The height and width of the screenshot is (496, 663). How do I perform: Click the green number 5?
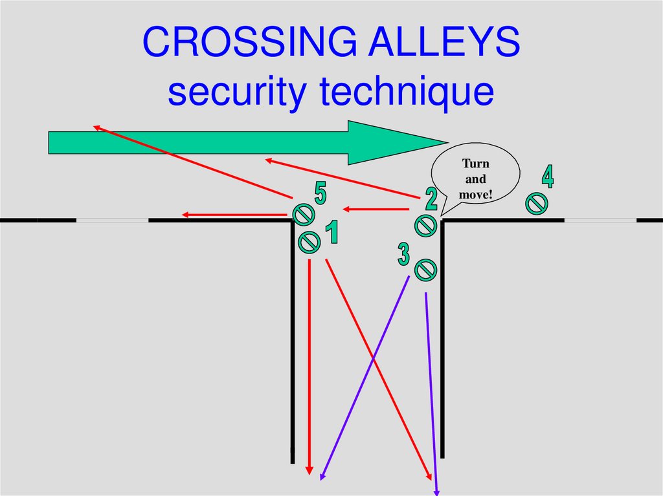[320, 193]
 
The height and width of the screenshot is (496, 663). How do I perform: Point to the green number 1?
[331, 233]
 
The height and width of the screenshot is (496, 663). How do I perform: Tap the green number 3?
[403, 254]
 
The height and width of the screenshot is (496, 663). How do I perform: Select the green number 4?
[548, 177]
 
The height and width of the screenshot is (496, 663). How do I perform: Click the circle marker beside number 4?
[536, 204]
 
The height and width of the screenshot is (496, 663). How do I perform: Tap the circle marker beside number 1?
[309, 243]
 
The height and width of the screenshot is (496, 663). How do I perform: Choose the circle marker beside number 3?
[425, 269]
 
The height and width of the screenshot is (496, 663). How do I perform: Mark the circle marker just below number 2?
[425, 225]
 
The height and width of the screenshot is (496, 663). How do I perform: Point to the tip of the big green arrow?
[445, 142]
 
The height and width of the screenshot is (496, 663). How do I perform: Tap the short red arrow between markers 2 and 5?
[376, 209]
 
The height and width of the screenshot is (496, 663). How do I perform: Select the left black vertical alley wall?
[293, 336]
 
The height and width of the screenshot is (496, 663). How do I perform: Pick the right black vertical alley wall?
[442, 336]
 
